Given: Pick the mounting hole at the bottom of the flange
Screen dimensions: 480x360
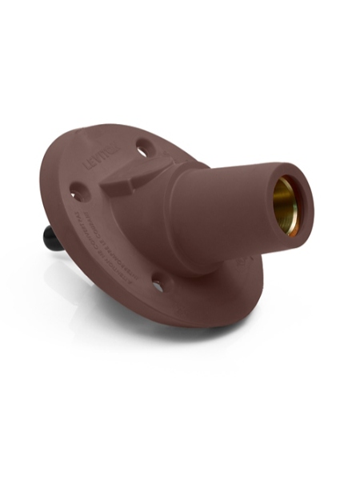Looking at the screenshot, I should click(158, 282).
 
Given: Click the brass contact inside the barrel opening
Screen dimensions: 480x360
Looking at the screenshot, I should click(283, 203).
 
